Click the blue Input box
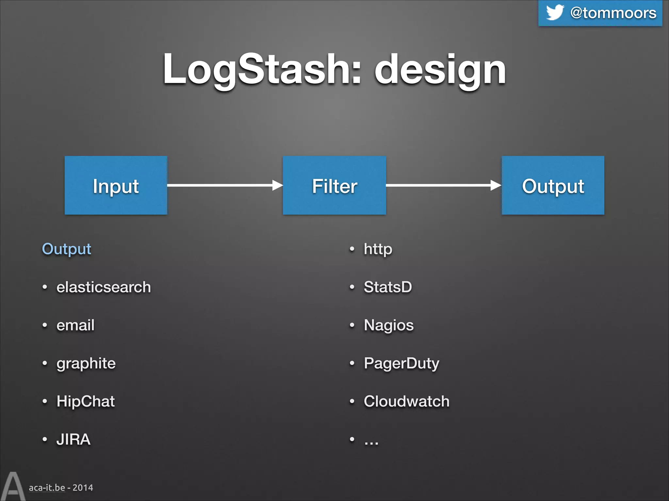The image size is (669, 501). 116,185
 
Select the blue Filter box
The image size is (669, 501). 334,185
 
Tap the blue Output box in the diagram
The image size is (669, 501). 553,185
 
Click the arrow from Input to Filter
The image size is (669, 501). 225,185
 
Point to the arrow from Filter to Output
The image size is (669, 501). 443,185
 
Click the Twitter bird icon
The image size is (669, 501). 555,12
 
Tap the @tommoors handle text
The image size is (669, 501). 613,13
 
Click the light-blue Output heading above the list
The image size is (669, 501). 67,249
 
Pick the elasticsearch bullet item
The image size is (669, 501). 104,287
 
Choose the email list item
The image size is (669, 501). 75,325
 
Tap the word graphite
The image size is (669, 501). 86,363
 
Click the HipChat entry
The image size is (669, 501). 86,401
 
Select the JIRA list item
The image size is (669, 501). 73,439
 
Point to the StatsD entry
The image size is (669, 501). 388,287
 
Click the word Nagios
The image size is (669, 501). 389,325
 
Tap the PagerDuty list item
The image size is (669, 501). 401,363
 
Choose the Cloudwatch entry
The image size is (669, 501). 407,401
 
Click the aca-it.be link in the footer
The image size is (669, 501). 47,488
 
